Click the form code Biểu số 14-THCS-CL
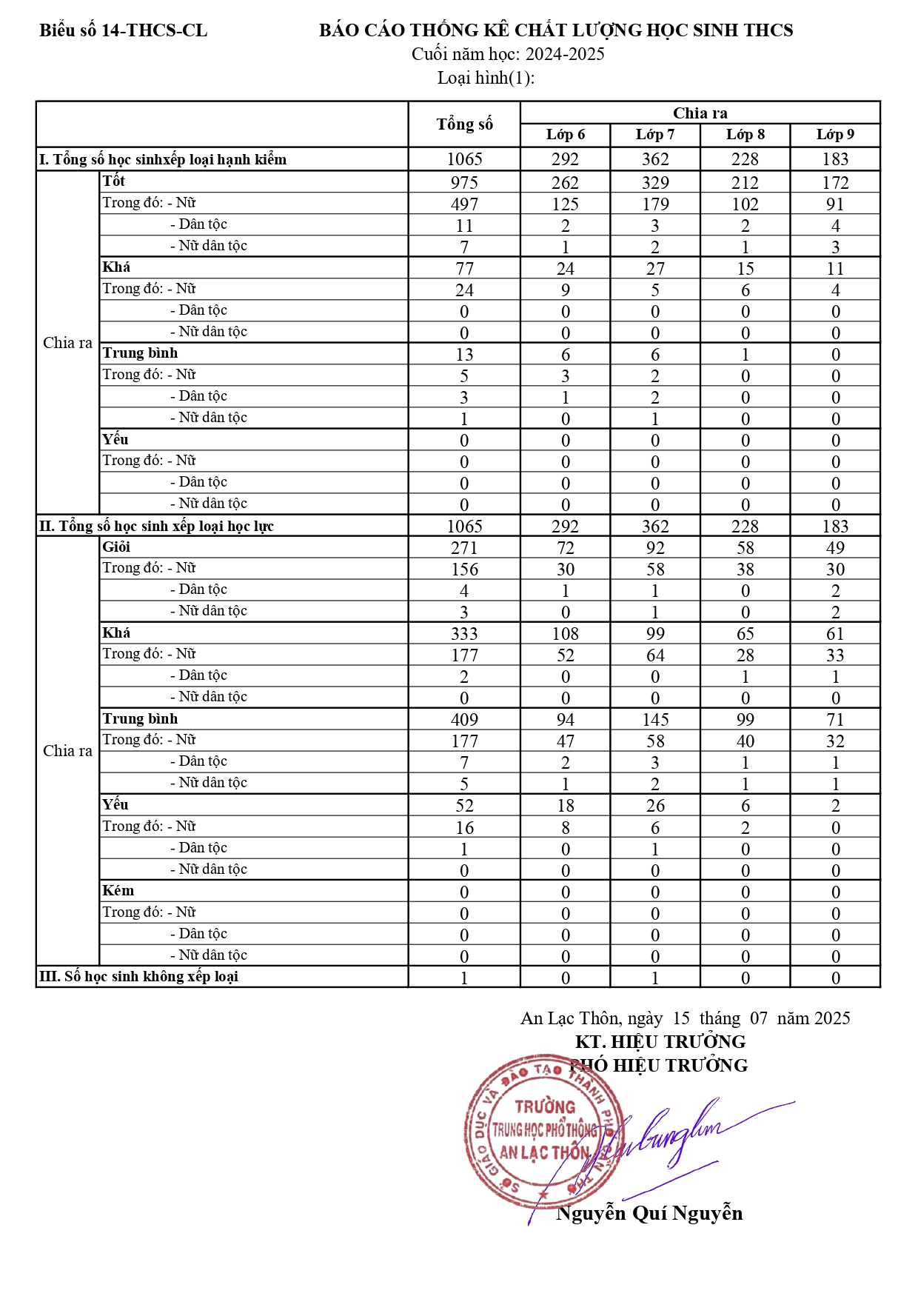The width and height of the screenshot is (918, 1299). coord(123,30)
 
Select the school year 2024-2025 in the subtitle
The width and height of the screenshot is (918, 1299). coord(565,54)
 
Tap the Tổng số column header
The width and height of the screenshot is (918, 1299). coord(464,124)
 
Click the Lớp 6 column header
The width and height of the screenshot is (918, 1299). coord(566,135)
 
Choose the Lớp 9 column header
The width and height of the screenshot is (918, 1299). coord(835,135)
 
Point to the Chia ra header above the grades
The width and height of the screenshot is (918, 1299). coord(700,113)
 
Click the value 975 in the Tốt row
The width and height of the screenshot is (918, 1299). coord(464,183)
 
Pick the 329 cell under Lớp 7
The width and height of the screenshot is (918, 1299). coord(655,183)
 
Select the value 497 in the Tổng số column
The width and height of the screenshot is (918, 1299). coord(464,204)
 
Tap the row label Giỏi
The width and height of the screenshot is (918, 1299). coord(117,547)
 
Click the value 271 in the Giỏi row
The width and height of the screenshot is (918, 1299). coord(464,548)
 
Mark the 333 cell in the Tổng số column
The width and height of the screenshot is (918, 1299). coord(464,634)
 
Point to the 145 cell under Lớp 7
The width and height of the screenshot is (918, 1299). coord(655,720)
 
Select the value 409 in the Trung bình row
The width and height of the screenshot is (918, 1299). coord(464,720)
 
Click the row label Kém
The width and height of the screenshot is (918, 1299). coord(118,891)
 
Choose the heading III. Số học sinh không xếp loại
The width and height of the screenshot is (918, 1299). coord(138,977)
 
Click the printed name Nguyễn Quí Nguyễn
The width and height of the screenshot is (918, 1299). coord(649,1213)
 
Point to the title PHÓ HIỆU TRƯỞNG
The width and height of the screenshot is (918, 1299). coord(659,1066)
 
